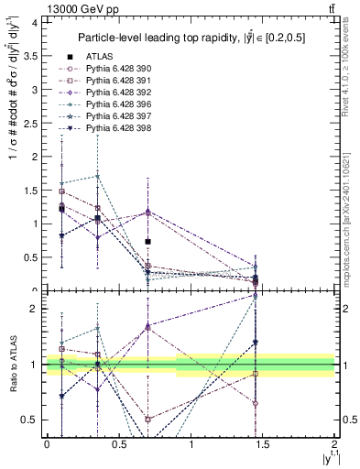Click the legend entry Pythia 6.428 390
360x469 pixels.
(116, 68)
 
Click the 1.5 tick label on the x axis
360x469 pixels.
(263, 444)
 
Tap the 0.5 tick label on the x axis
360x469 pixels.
(118, 444)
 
